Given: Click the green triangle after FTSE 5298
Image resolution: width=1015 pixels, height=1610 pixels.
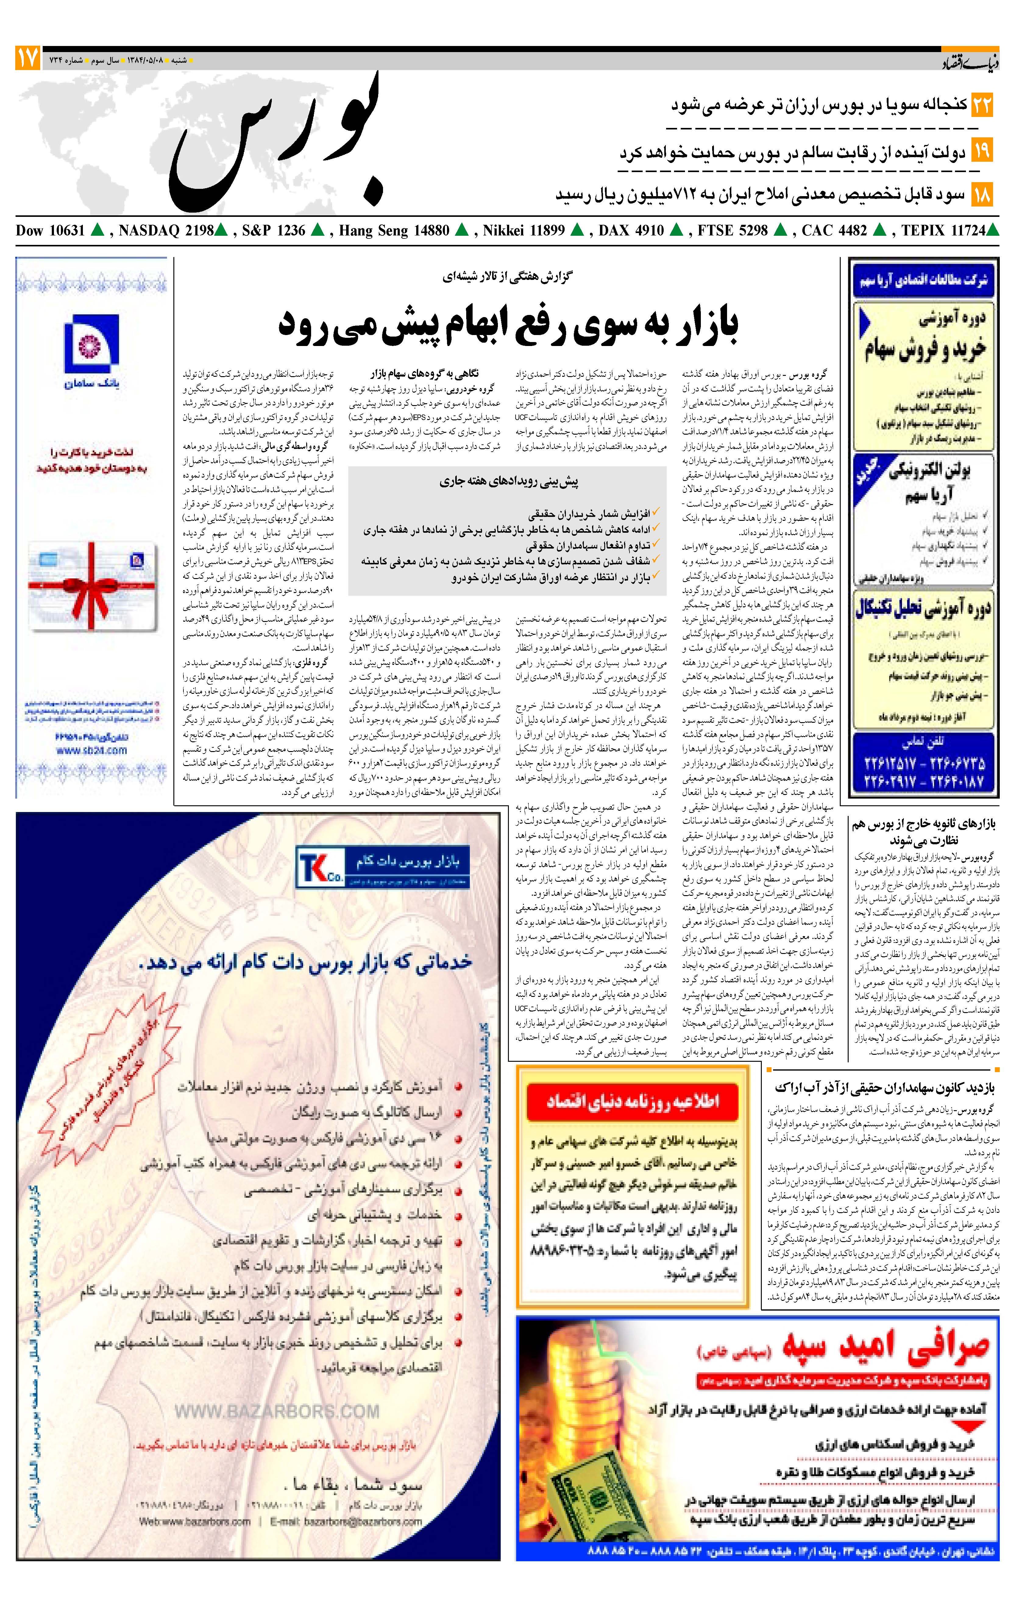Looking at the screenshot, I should [x=779, y=231].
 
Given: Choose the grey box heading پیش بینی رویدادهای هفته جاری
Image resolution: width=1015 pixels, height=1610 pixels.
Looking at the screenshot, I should [x=509, y=481].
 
